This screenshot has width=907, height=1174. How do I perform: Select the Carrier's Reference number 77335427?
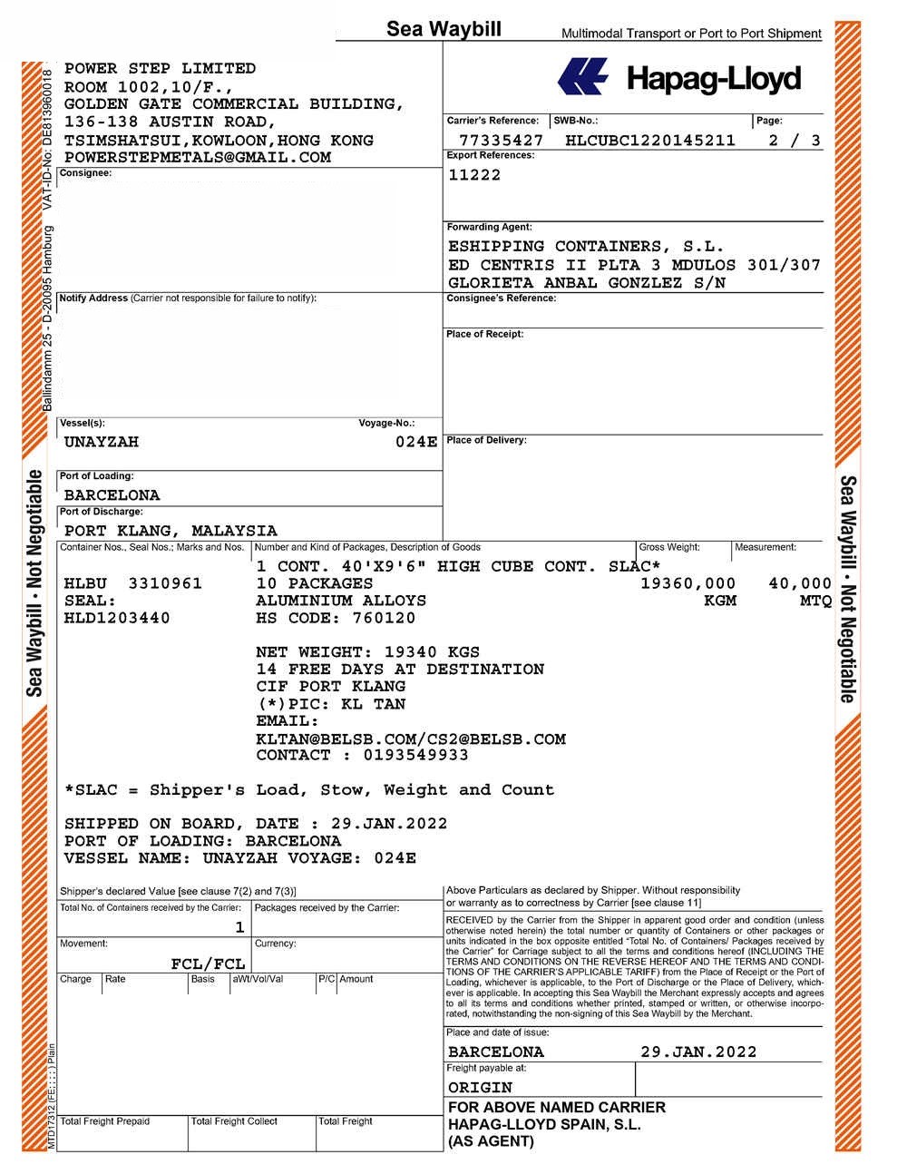point(501,141)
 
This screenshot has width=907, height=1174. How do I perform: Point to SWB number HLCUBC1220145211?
point(649,141)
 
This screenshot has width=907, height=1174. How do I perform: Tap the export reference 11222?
point(474,175)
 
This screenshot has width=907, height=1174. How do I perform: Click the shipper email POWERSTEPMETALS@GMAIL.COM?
point(197,158)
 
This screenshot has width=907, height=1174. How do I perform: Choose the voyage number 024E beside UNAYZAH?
point(416,442)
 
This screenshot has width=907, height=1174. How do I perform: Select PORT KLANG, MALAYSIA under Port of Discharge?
point(171,531)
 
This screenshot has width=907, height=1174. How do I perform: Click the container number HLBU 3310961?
point(133,583)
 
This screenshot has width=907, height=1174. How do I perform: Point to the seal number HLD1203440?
point(117,619)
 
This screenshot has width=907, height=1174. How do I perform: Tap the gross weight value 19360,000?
point(688,583)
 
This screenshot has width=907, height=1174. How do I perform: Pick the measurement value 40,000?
point(799,583)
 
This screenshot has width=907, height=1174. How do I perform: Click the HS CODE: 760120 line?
point(336,619)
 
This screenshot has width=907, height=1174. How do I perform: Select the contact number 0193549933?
point(415,755)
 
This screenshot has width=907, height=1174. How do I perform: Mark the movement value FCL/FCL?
point(208,964)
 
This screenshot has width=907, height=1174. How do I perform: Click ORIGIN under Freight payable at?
point(480,1087)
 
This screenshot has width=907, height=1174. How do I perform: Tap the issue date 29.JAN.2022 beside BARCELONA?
point(698,1052)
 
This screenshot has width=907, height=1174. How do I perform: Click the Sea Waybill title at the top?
point(444,29)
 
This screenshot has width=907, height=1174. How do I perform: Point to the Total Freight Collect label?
point(234,1121)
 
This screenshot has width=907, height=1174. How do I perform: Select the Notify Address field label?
point(93,298)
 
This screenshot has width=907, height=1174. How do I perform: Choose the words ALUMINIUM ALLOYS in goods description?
point(341,601)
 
